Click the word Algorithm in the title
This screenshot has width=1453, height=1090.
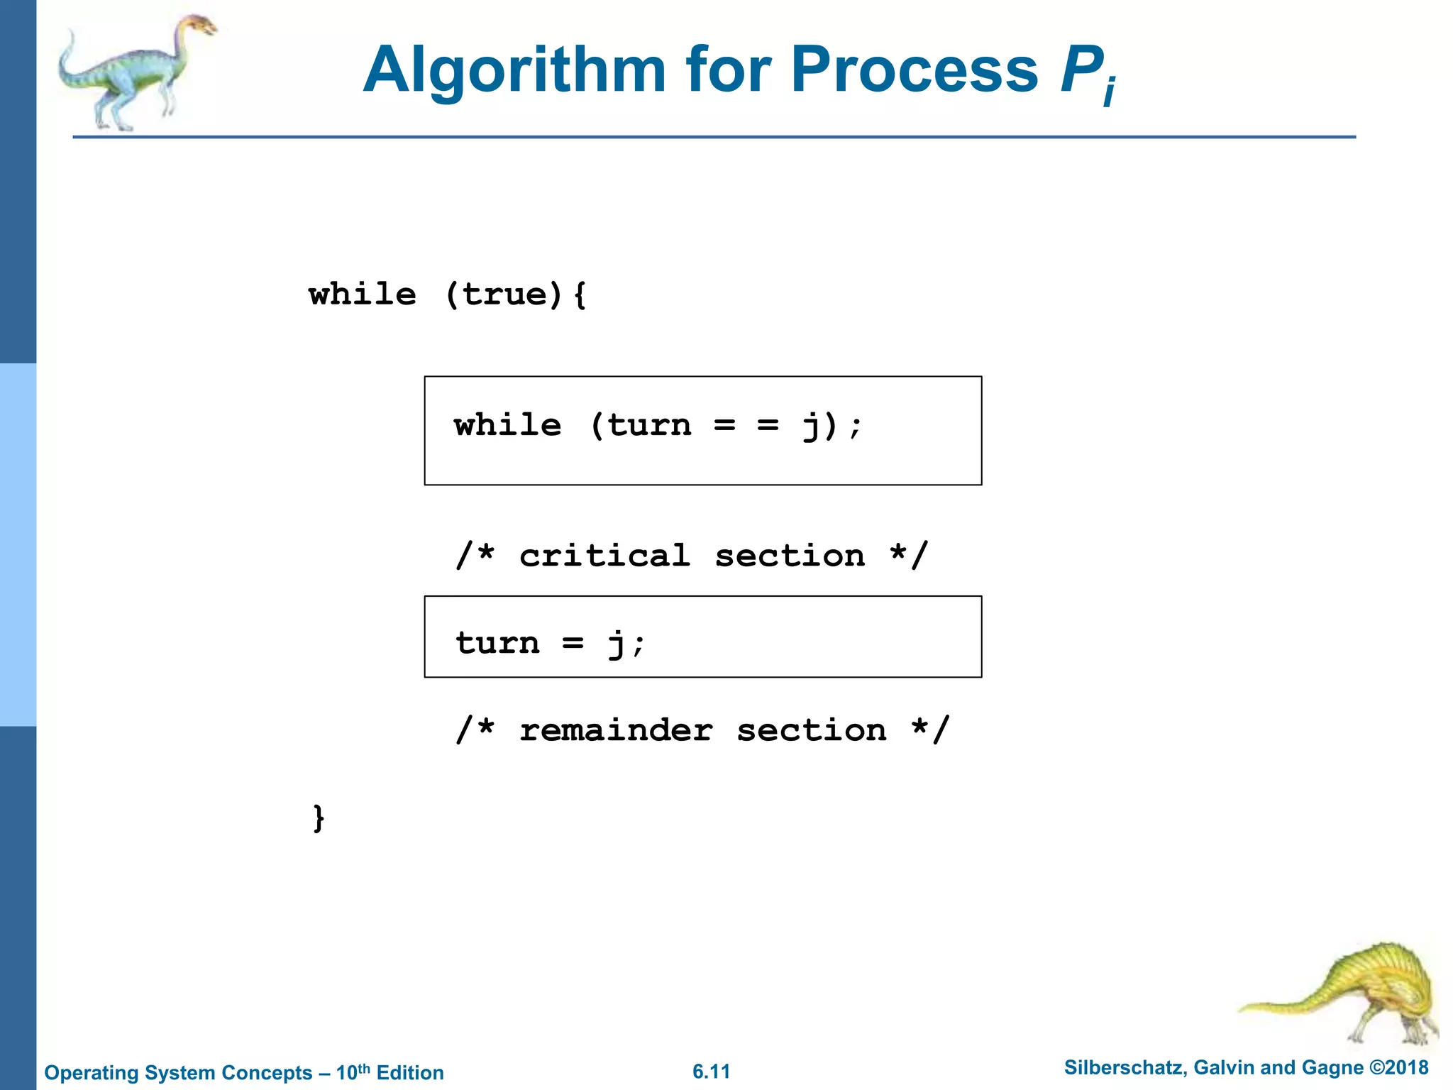514,71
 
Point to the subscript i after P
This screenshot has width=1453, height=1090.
1110,92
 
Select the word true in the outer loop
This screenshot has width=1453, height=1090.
505,294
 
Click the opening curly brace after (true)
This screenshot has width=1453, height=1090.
580,294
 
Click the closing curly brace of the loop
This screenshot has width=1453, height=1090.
319,817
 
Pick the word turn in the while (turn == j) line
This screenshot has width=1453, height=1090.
649,425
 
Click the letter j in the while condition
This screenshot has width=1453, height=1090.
811,426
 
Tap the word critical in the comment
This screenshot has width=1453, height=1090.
604,555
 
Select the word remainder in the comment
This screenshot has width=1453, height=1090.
616,730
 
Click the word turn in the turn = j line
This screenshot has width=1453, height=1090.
497,643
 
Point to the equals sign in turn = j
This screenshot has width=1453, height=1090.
573,643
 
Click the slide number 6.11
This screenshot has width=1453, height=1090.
711,1071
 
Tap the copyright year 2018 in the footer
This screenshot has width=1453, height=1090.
1406,1067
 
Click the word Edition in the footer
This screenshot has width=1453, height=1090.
409,1072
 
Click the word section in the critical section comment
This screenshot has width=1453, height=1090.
790,555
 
